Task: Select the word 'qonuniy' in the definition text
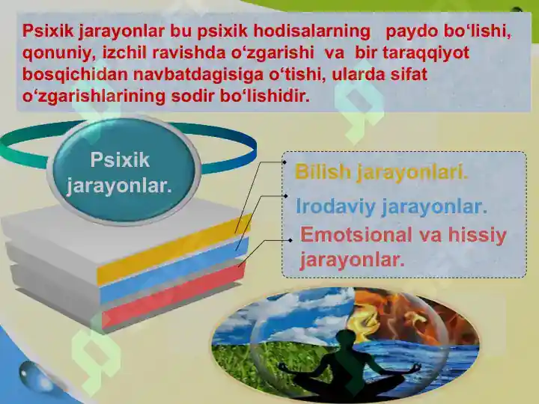point(51,55)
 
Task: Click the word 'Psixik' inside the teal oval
point(120,160)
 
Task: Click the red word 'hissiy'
point(478,235)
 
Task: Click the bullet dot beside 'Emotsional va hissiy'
point(290,240)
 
